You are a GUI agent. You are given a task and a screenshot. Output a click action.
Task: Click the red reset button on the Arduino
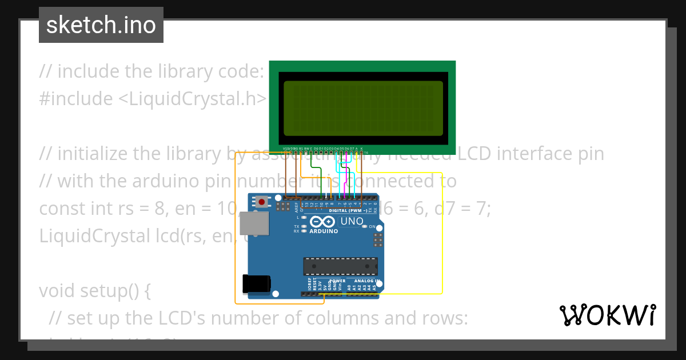coord(262,201)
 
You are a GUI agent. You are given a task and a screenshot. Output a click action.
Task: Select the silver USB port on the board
coord(252,223)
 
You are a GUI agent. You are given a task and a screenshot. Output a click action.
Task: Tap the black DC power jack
coord(256,285)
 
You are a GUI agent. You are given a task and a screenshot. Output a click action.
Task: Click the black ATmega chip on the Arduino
coord(340,266)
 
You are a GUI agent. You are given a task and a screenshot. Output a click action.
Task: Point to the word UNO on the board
coord(352,221)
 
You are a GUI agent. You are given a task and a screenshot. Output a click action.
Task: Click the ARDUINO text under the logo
coord(323,231)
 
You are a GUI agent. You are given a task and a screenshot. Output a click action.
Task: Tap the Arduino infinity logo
coord(323,222)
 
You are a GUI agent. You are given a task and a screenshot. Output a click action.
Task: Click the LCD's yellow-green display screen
coord(363,108)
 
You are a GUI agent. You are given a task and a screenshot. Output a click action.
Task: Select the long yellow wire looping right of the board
coord(442,234)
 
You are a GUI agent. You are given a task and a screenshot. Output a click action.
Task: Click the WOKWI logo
coord(607,315)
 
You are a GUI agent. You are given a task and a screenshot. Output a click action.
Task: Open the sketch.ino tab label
coord(101,25)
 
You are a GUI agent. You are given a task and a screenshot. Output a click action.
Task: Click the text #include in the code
coord(76,99)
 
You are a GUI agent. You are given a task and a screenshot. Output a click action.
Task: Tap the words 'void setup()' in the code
coord(95,291)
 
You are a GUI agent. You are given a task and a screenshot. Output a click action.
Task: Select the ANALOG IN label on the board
coord(366,281)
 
